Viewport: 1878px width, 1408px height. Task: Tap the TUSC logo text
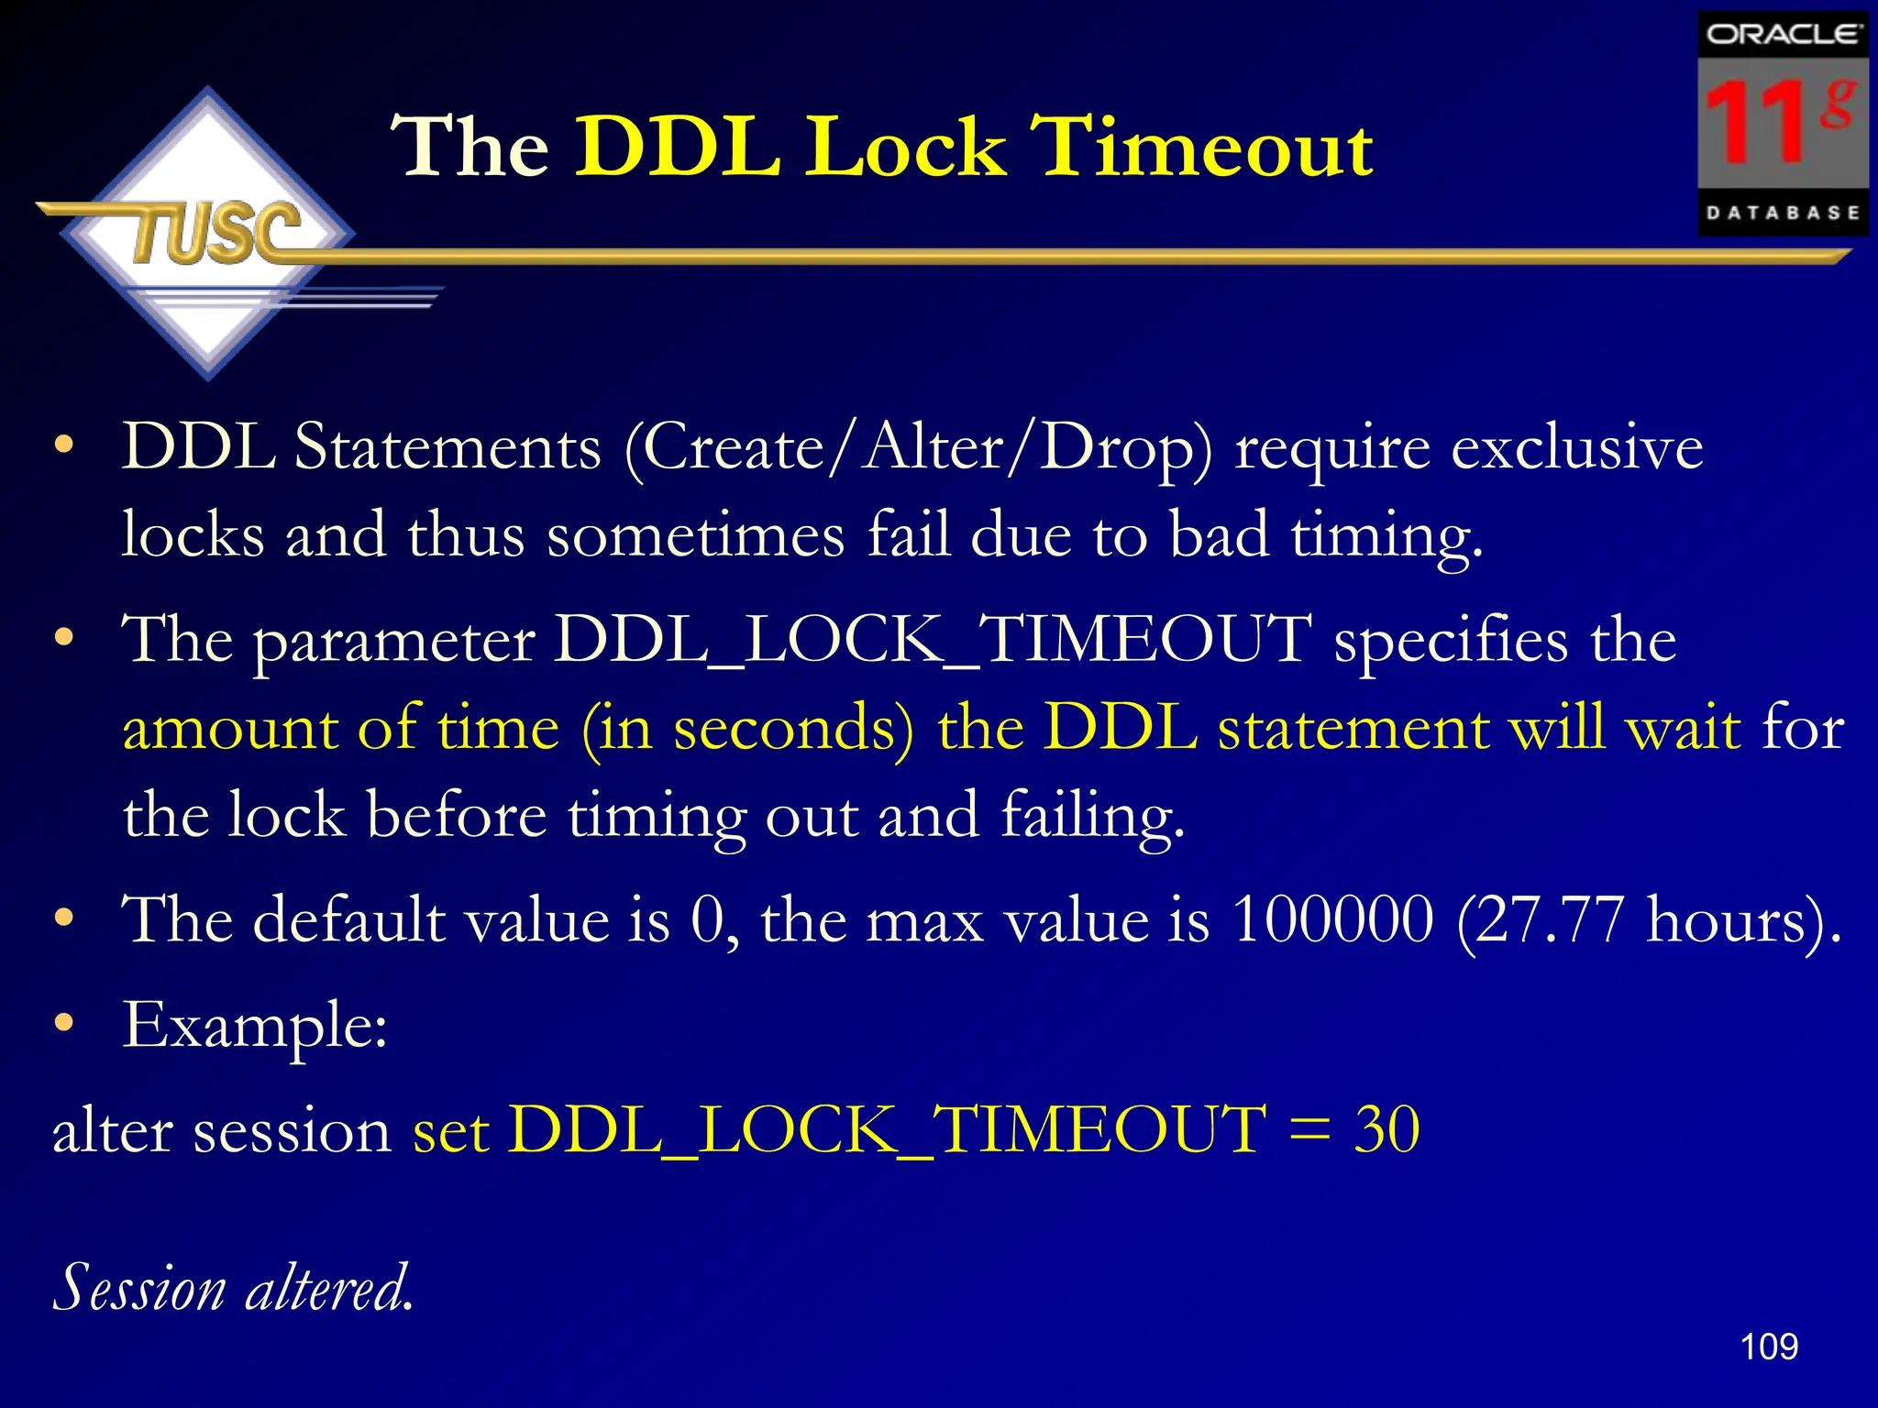pyautogui.click(x=216, y=233)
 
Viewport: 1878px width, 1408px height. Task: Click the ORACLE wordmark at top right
pyautogui.click(x=1783, y=35)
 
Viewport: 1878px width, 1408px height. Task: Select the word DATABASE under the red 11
pyautogui.click(x=1783, y=213)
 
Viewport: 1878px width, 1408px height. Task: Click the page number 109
pyautogui.click(x=1769, y=1347)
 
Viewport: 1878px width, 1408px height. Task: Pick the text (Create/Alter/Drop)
pyautogui.click(x=918, y=449)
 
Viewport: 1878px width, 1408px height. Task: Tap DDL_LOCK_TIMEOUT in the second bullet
pyautogui.click(x=933, y=639)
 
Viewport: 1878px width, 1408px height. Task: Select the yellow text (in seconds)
pyautogui.click(x=747, y=728)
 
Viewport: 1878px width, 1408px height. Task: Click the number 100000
pyautogui.click(x=1333, y=918)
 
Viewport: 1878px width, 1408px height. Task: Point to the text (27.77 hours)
pyautogui.click(x=1647, y=920)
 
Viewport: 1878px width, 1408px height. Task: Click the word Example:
pyautogui.click(x=255, y=1026)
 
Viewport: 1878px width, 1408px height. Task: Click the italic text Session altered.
pyautogui.click(x=234, y=1288)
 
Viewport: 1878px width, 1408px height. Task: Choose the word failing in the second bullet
pyautogui.click(x=1092, y=816)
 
